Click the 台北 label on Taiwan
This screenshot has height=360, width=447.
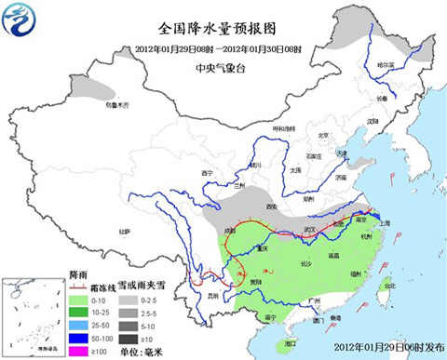pyautogui.click(x=388, y=286)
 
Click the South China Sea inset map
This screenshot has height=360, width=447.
pyautogui.click(x=33, y=316)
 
